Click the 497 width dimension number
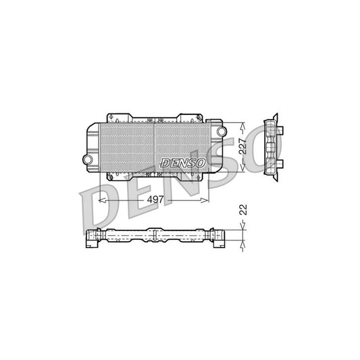pos(154,200)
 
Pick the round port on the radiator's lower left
pos(87,158)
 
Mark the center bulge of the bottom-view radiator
pos(155,236)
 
